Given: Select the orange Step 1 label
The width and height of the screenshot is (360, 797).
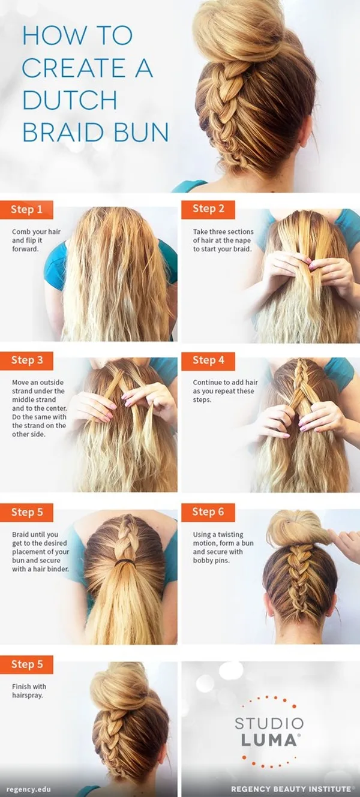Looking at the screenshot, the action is [x=26, y=209].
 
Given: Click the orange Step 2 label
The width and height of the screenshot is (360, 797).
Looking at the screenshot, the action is [x=208, y=209].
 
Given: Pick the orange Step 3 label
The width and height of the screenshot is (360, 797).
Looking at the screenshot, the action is [x=26, y=360].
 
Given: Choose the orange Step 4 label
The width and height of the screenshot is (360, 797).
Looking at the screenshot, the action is [x=208, y=360].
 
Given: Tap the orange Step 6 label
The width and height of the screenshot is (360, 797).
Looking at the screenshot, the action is [x=208, y=512].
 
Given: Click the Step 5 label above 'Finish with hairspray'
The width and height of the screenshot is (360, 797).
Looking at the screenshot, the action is [x=26, y=664].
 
